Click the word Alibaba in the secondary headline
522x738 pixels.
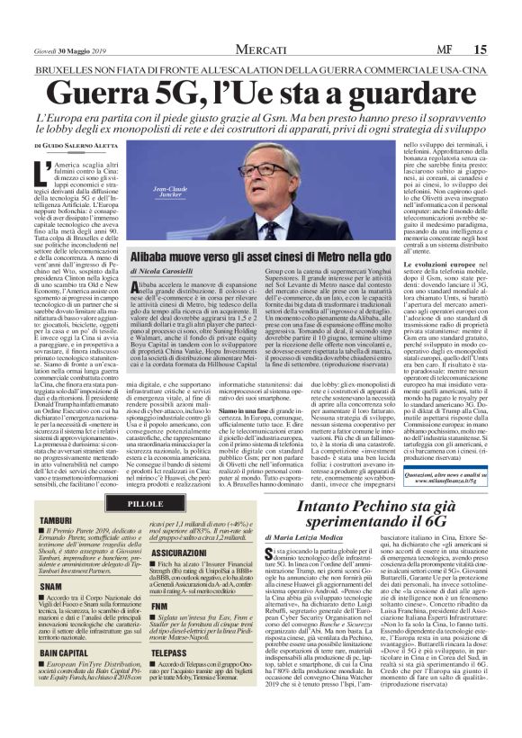pos(161,256)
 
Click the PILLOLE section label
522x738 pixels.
pos(145,502)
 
